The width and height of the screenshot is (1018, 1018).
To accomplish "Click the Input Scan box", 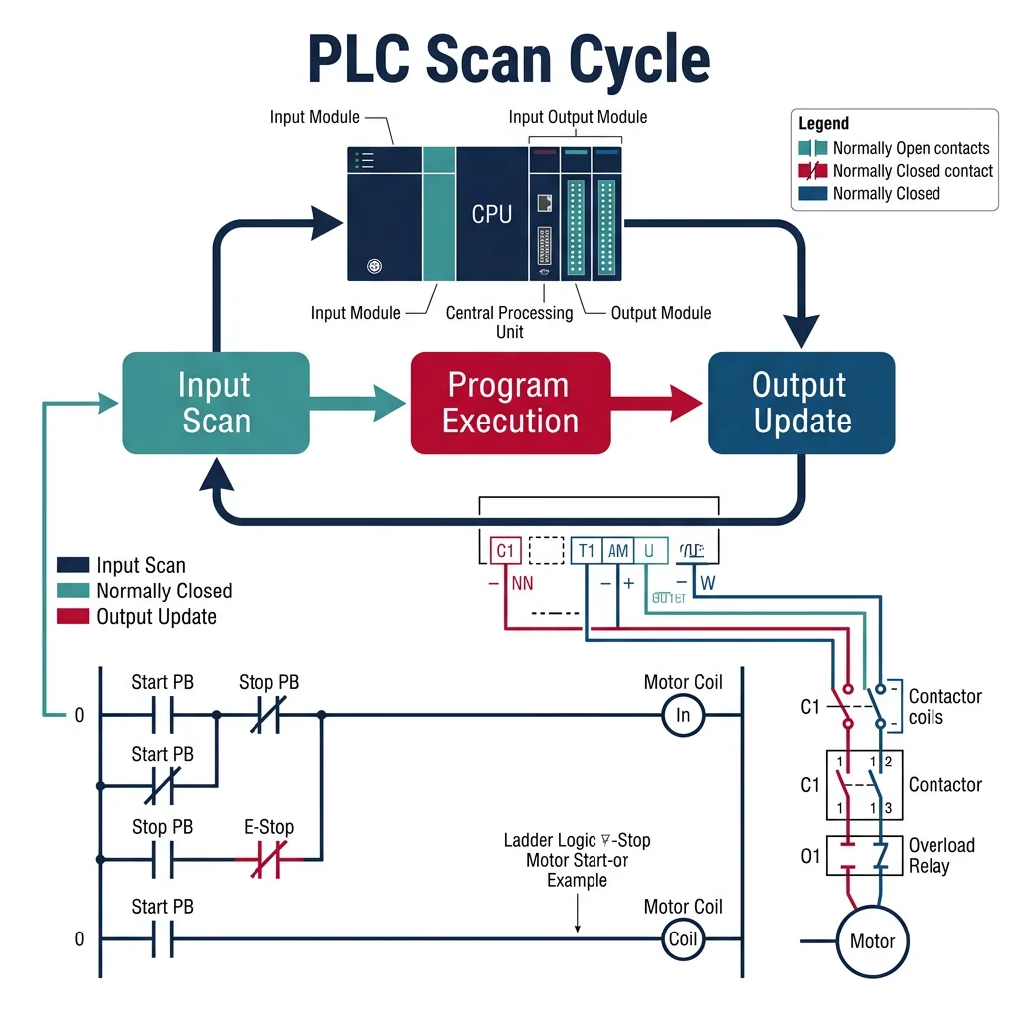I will point(215,403).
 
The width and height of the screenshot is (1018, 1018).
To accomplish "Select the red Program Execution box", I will point(510,403).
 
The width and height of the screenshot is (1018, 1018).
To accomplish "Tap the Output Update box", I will point(800,403).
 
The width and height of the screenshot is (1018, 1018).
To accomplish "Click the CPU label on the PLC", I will point(492,213).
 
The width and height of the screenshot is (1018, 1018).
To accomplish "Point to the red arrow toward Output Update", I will point(656,403).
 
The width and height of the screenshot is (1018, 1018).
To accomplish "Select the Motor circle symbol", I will point(872,941).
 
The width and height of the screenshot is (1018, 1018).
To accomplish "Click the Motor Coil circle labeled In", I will point(683,715).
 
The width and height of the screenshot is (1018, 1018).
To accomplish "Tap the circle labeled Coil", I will point(683,939).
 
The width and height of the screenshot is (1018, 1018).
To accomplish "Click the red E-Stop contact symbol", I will point(274,860).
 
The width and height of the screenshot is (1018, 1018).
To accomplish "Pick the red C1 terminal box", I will point(506,551).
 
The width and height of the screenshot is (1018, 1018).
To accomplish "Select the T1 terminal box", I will point(587,551).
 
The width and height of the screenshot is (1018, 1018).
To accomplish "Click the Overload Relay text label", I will point(941,855).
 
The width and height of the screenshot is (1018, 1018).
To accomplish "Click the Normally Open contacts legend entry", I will point(911,148).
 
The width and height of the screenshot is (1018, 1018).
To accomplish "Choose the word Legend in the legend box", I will point(824,124).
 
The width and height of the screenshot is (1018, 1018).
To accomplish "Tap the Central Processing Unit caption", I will point(509,322).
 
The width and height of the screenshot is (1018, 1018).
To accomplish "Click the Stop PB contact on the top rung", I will point(269,715).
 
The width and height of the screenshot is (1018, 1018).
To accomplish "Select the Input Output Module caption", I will point(578,117).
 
